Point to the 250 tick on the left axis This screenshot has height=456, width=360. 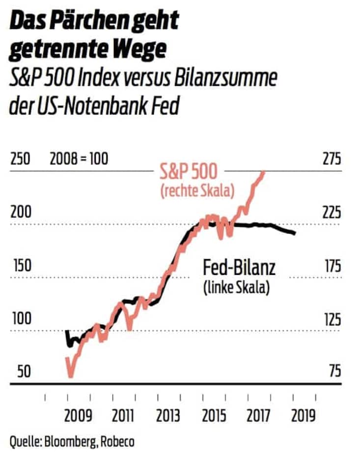(20, 160)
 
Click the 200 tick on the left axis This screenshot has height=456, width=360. (20, 213)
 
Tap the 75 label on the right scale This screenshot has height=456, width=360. (334, 372)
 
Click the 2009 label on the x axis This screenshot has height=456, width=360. (78, 416)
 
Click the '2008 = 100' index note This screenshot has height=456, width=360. (79, 160)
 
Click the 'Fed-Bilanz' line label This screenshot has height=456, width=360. (239, 268)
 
